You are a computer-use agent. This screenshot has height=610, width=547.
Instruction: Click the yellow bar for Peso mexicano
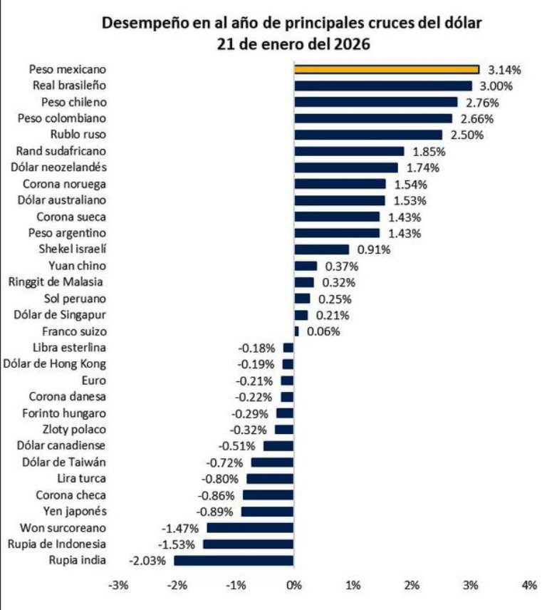(x=387, y=69)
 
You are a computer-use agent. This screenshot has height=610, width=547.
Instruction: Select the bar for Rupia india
(x=234, y=560)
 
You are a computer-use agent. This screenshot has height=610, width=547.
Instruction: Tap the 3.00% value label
(x=499, y=86)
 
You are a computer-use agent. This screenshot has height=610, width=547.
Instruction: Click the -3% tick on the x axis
(x=118, y=585)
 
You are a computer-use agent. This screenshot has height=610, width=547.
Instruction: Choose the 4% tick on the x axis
(x=528, y=585)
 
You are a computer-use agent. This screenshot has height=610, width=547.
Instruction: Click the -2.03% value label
(x=147, y=561)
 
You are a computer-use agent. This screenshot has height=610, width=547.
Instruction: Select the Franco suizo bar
(x=297, y=331)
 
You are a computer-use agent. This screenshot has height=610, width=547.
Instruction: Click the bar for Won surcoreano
(x=250, y=527)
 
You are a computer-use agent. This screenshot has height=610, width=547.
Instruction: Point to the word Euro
(x=94, y=381)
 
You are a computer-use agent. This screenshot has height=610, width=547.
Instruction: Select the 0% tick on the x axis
(x=293, y=585)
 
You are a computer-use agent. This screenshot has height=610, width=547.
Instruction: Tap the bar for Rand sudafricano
(x=349, y=151)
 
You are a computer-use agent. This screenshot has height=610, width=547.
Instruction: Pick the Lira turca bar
(x=270, y=479)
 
